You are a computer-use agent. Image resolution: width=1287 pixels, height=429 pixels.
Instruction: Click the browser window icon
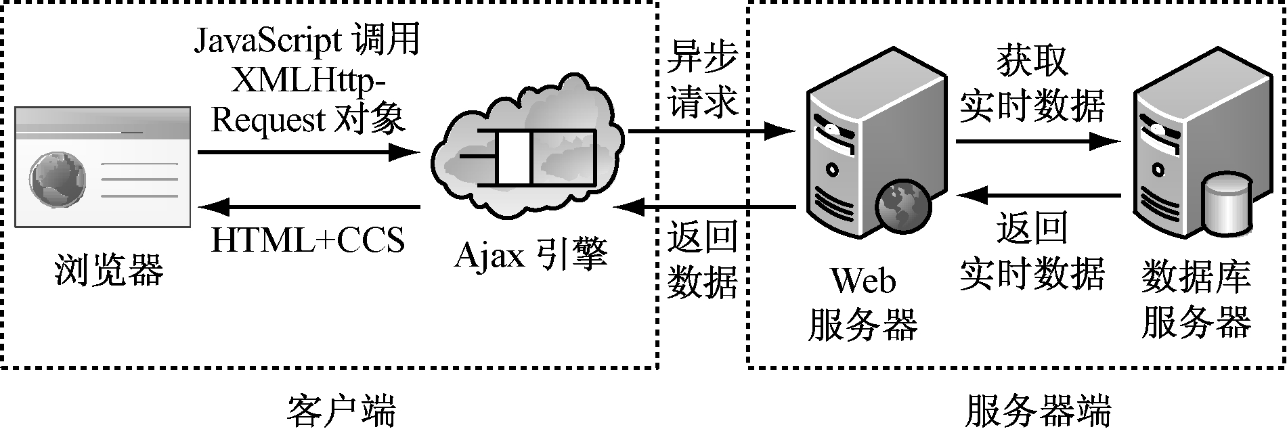coord(103,166)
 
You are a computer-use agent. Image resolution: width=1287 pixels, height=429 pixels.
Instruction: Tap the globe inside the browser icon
coord(58,179)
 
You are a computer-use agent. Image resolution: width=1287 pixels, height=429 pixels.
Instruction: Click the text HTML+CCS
coord(308,240)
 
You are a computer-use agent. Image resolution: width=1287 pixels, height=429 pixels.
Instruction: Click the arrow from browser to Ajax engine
coord(308,152)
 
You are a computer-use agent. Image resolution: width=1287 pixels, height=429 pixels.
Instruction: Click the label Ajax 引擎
coord(531,256)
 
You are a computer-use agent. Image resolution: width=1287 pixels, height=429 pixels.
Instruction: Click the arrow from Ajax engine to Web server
coord(711,131)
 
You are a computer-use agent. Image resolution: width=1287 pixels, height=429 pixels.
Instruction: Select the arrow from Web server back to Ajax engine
coord(707,206)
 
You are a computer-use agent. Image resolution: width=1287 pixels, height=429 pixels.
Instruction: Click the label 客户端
coord(341,410)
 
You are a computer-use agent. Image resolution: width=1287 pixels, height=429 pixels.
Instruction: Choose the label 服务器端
coord(1037,410)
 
